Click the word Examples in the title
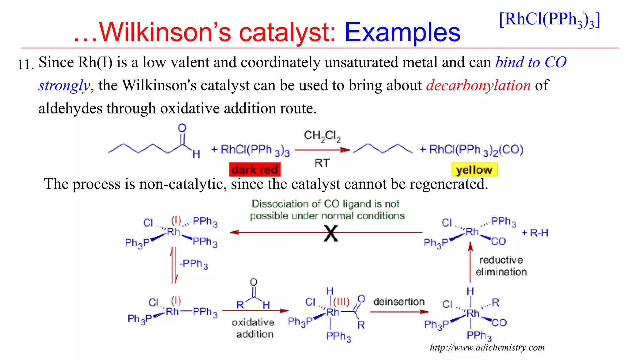click(402, 32)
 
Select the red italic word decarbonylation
click(478, 85)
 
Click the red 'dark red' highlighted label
click(255, 170)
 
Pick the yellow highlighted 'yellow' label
click(474, 170)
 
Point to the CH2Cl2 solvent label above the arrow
click(322, 136)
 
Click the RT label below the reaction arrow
click(322, 163)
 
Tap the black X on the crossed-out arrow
click(331, 233)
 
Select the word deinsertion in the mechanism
click(399, 302)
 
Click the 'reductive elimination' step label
click(501, 266)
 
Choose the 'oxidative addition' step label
click(253, 328)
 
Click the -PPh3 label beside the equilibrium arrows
click(194, 264)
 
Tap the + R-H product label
click(535, 233)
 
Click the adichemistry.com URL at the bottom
click(487, 347)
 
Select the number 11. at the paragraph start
click(26, 65)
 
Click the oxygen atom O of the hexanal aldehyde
click(182, 128)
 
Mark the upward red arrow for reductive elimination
click(470, 262)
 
